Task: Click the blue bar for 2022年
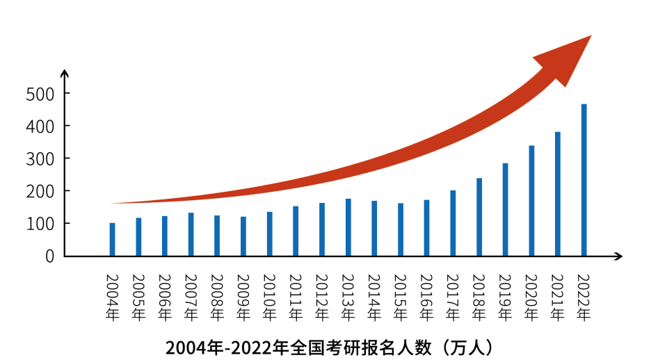coord(584,180)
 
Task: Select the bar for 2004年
coord(112,239)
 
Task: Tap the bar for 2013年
coord(348,227)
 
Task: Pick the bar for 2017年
coord(453,223)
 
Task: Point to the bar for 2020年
coord(532,201)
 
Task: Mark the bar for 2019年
coord(506,209)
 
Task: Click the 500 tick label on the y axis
coord(40,94)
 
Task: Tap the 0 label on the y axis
coord(49,256)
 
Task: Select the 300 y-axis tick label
coord(40,158)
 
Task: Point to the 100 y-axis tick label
coord(40,224)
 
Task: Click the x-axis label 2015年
coord(401,297)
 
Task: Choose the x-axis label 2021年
coord(558,297)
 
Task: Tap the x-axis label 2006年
coord(165,297)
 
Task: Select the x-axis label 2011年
coord(296,297)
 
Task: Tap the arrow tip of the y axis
coord(64,72)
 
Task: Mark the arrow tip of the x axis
coord(619,256)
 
